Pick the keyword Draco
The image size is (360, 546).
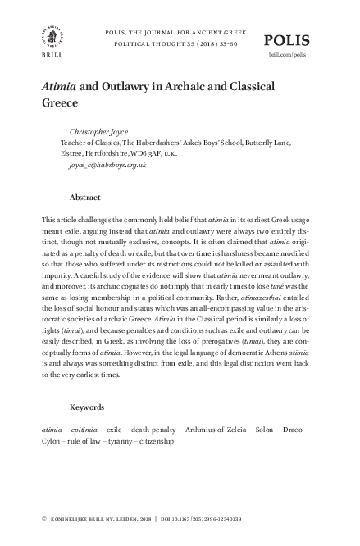click(x=294, y=429)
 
